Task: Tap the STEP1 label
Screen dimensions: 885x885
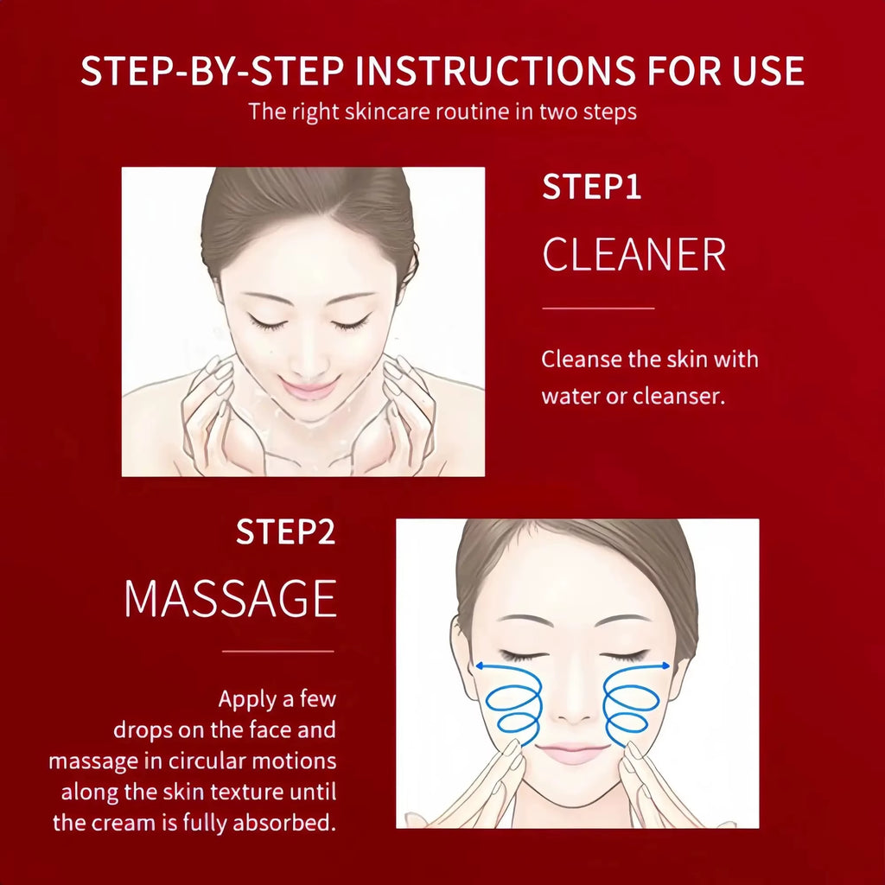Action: point(591,188)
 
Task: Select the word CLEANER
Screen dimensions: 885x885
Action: point(634,255)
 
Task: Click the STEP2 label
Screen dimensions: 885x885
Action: point(285,533)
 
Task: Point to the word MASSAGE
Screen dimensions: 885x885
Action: point(230,598)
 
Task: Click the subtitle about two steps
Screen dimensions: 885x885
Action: point(442,111)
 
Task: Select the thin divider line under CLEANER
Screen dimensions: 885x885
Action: point(598,308)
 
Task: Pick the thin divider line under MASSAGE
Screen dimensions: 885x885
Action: point(277,651)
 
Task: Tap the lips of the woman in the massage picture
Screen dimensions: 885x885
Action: point(571,751)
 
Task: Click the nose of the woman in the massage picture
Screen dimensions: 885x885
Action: point(570,709)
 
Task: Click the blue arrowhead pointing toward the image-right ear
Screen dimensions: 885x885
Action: point(665,665)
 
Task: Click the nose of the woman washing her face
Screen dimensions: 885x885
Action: point(309,354)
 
